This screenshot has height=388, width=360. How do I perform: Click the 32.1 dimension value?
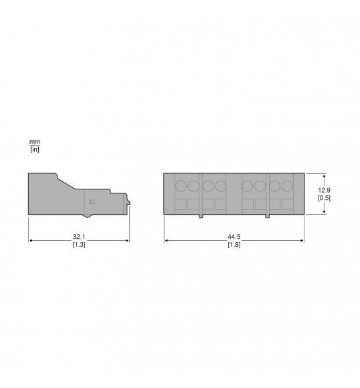[x=79, y=237]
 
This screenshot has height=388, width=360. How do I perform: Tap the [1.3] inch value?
[x=79, y=245]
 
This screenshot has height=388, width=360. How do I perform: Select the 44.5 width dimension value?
[x=234, y=237]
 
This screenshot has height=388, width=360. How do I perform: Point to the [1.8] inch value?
[x=234, y=245]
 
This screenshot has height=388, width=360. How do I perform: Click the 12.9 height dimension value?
[x=324, y=190]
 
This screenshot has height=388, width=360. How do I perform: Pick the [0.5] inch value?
[x=324, y=198]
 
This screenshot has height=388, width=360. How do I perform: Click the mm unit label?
[x=35, y=142]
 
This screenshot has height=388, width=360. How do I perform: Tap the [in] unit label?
[x=35, y=149]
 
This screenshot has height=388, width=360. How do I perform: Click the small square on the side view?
[x=92, y=201]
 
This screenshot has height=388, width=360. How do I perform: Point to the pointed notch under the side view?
[x=86, y=216]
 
